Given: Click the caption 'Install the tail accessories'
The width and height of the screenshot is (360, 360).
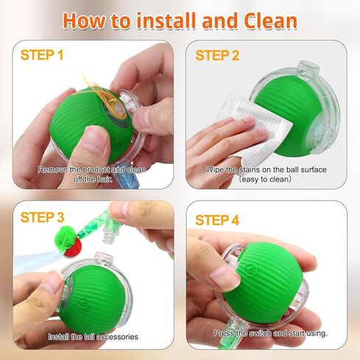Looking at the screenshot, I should click(x=94, y=336).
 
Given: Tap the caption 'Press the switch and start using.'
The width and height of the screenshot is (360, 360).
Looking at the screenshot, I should click(x=270, y=333).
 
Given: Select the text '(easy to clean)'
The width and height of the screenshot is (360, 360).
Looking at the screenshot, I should click(x=266, y=179).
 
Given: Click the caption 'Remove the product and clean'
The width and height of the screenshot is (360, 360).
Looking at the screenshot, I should click(x=91, y=169).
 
